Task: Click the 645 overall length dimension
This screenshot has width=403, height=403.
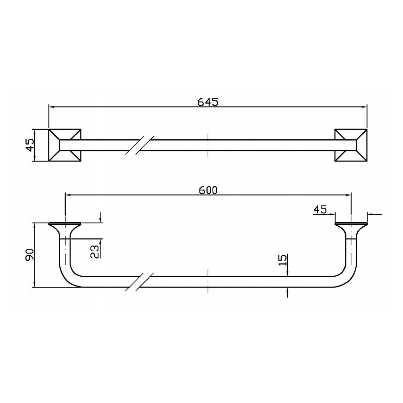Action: (208, 102)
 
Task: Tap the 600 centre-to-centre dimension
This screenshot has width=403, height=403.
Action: (208, 190)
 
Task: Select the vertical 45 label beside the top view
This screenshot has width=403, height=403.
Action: (30, 145)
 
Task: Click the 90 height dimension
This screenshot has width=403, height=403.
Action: (29, 255)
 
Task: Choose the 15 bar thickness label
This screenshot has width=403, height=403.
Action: (282, 260)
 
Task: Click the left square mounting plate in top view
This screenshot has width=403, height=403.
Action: (65, 145)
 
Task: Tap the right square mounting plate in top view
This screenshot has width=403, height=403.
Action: (351, 145)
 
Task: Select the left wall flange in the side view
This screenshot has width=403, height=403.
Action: (65, 228)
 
